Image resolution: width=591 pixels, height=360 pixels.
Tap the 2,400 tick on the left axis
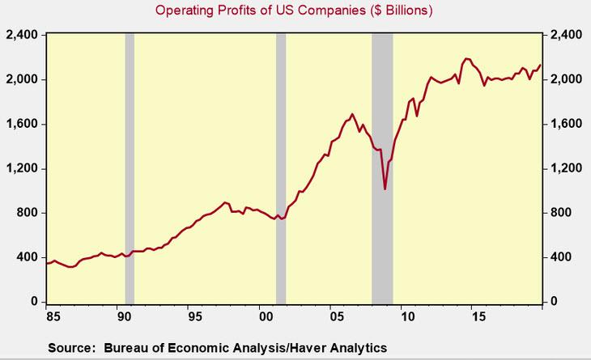pos(23,36)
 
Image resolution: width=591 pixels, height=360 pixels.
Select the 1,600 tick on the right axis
pos(567,125)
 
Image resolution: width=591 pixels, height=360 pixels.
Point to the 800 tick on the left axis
pos(28,214)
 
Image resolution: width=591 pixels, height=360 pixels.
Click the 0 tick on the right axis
pos(555,302)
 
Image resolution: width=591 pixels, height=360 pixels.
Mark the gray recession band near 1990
pos(130,170)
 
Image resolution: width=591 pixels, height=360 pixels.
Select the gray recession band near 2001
pos(281,170)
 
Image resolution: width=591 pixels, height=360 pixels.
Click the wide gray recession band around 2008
pos(382,170)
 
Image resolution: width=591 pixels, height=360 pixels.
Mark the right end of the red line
pos(540,65)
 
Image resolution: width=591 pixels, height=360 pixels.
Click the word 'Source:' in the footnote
pos(70,348)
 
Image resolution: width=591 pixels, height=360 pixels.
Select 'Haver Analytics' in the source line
pos(339,348)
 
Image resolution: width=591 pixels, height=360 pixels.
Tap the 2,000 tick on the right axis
pos(567,80)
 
